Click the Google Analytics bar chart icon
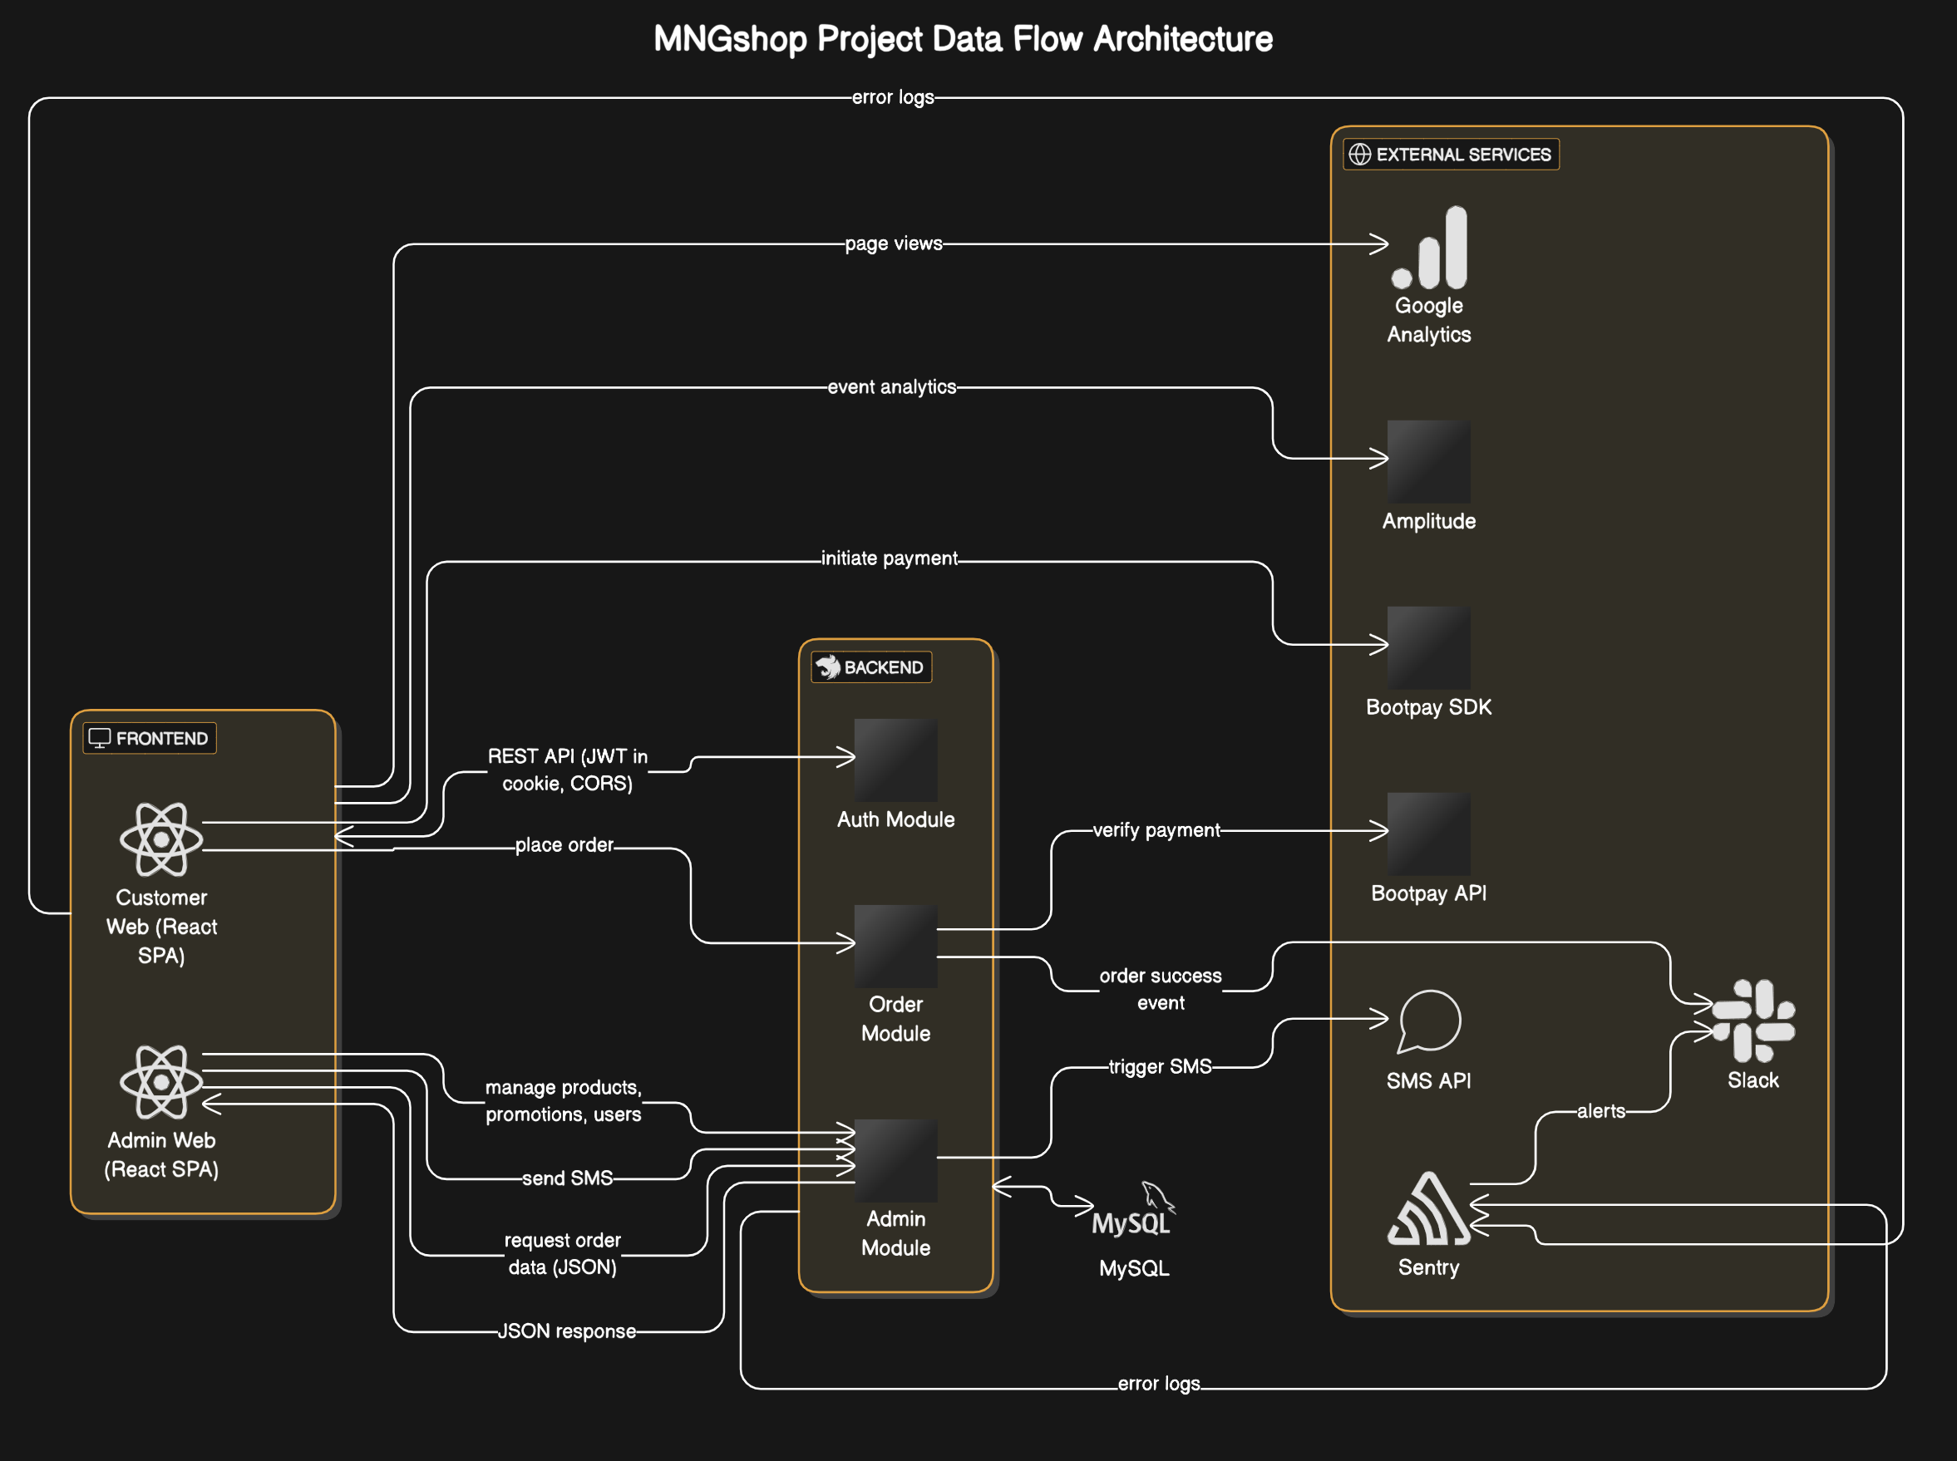[1429, 248]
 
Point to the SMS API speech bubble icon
[1429, 1021]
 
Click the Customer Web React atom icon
[161, 839]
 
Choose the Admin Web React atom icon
[161, 1081]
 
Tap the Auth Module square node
[895, 760]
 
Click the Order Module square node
[895, 946]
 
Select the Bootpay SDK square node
[1428, 647]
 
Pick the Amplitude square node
[1428, 460]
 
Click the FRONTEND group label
[150, 739]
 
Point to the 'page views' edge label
[893, 243]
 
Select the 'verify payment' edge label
[1156, 829]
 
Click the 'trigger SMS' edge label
[1159, 1066]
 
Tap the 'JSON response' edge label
[566, 1331]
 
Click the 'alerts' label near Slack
[1600, 1111]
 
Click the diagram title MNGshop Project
[963, 39]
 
